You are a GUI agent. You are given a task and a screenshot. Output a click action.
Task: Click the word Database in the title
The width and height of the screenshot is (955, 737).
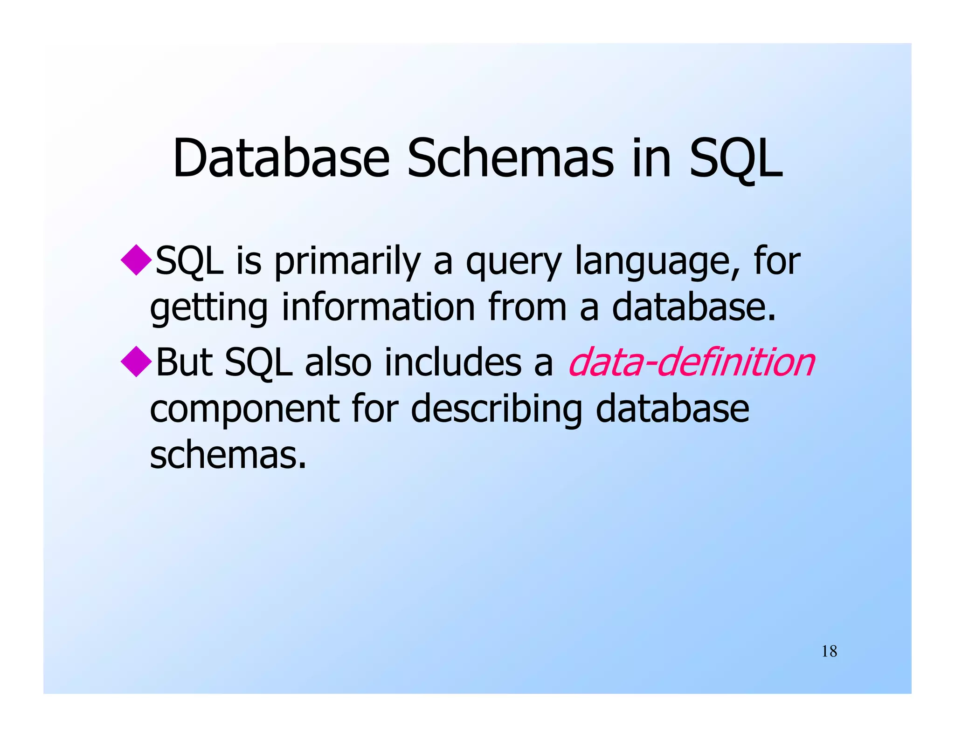[281, 158]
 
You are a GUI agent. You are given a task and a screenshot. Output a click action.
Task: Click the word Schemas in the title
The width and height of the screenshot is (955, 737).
[511, 158]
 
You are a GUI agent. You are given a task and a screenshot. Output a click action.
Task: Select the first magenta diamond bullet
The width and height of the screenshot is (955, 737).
[136, 259]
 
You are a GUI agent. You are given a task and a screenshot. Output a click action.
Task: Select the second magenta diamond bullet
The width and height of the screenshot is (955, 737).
[136, 361]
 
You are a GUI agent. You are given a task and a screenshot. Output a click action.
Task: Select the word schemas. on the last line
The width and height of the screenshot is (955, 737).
[228, 455]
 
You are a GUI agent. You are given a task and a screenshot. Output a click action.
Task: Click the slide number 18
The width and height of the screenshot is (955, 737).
[829, 651]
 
